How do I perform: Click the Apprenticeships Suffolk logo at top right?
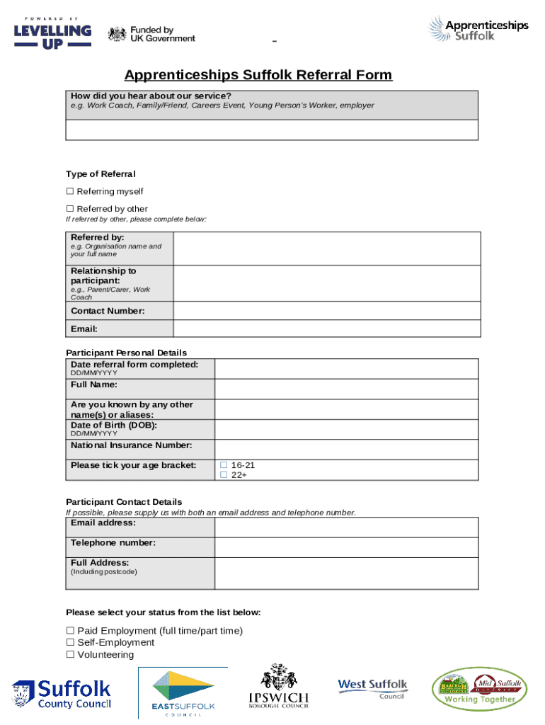[x=478, y=29]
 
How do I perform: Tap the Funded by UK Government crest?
[x=117, y=33]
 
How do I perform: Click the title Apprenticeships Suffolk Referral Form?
[x=258, y=75]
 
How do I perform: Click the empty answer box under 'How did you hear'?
[x=272, y=130]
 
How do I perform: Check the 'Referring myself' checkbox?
[x=70, y=191]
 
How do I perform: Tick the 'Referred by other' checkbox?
[x=70, y=209]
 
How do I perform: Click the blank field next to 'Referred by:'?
[x=326, y=247]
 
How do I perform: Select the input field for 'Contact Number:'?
[x=326, y=311]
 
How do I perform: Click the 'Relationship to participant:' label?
[x=103, y=275]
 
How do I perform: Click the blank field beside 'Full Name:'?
[x=346, y=389]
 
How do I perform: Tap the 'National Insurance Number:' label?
[x=131, y=445]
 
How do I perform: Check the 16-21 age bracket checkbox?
[x=224, y=465]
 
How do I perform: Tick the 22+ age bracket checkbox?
[x=224, y=475]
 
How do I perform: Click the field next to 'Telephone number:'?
[x=346, y=547]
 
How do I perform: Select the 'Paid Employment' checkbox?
[x=70, y=631]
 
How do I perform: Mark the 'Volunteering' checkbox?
[x=70, y=655]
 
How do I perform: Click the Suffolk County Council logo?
[x=62, y=694]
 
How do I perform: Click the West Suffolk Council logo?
[x=372, y=688]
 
